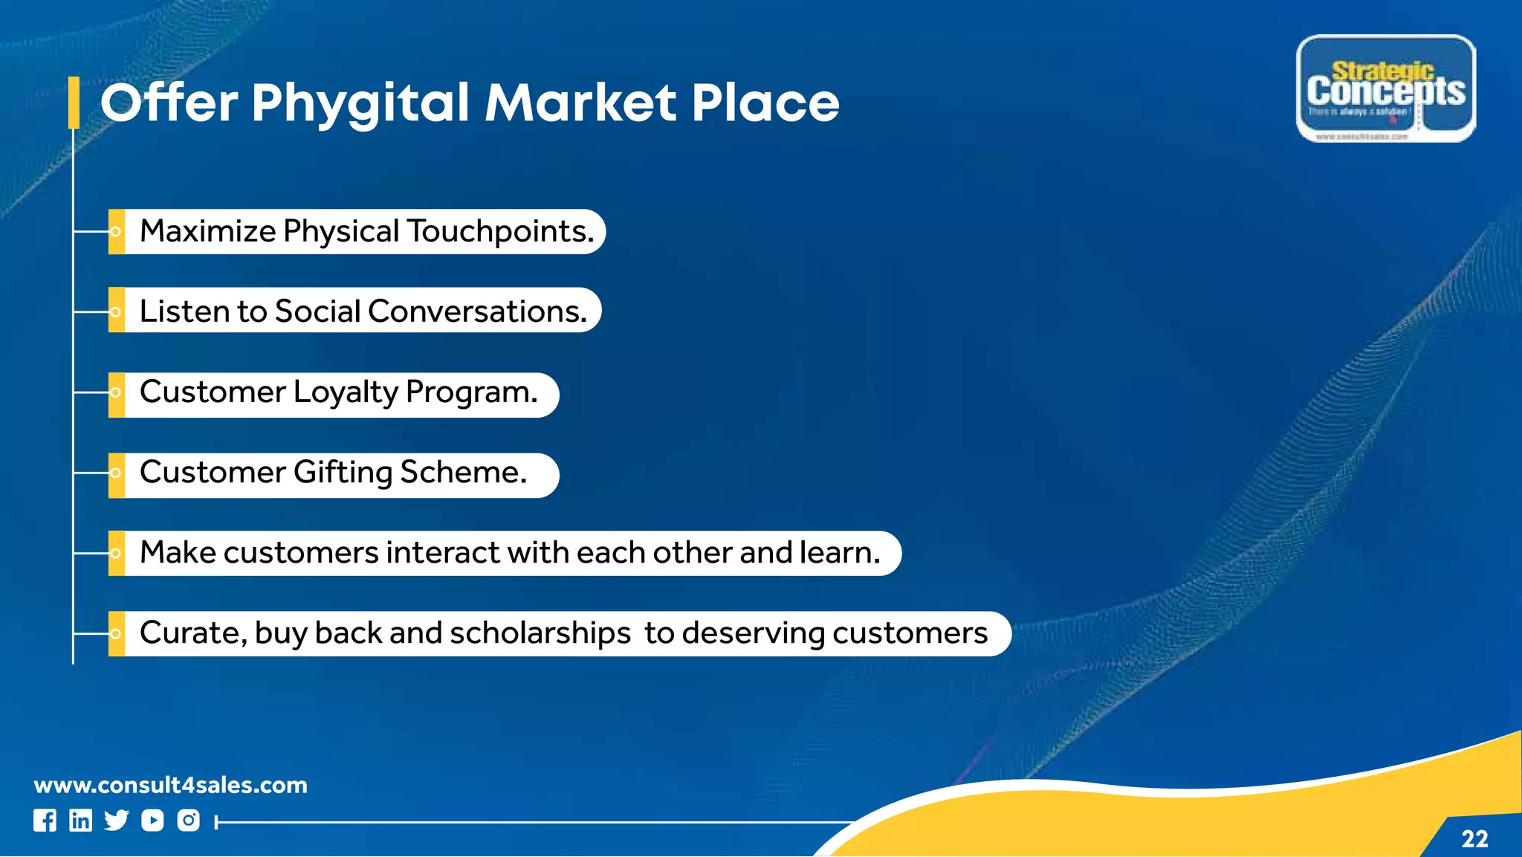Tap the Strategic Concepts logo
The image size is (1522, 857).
click(x=1386, y=88)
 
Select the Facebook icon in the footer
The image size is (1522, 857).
click(x=45, y=821)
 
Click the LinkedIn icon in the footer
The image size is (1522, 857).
click(x=80, y=821)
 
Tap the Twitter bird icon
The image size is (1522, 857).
click(x=117, y=821)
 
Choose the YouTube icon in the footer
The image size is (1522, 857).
click(x=152, y=821)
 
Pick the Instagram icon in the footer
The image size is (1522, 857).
click(x=189, y=821)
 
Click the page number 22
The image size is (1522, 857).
click(x=1474, y=839)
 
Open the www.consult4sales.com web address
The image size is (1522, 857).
click(x=171, y=785)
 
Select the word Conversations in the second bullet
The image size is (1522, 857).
click(x=477, y=311)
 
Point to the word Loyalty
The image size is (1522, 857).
click(x=346, y=392)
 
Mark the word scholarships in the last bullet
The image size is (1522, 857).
click(x=540, y=633)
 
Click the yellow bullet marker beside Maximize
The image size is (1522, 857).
click(x=116, y=232)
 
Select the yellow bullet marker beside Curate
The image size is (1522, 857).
click(x=116, y=634)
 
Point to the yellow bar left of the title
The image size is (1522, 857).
click(x=74, y=103)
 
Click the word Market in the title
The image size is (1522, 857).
click(x=581, y=103)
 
